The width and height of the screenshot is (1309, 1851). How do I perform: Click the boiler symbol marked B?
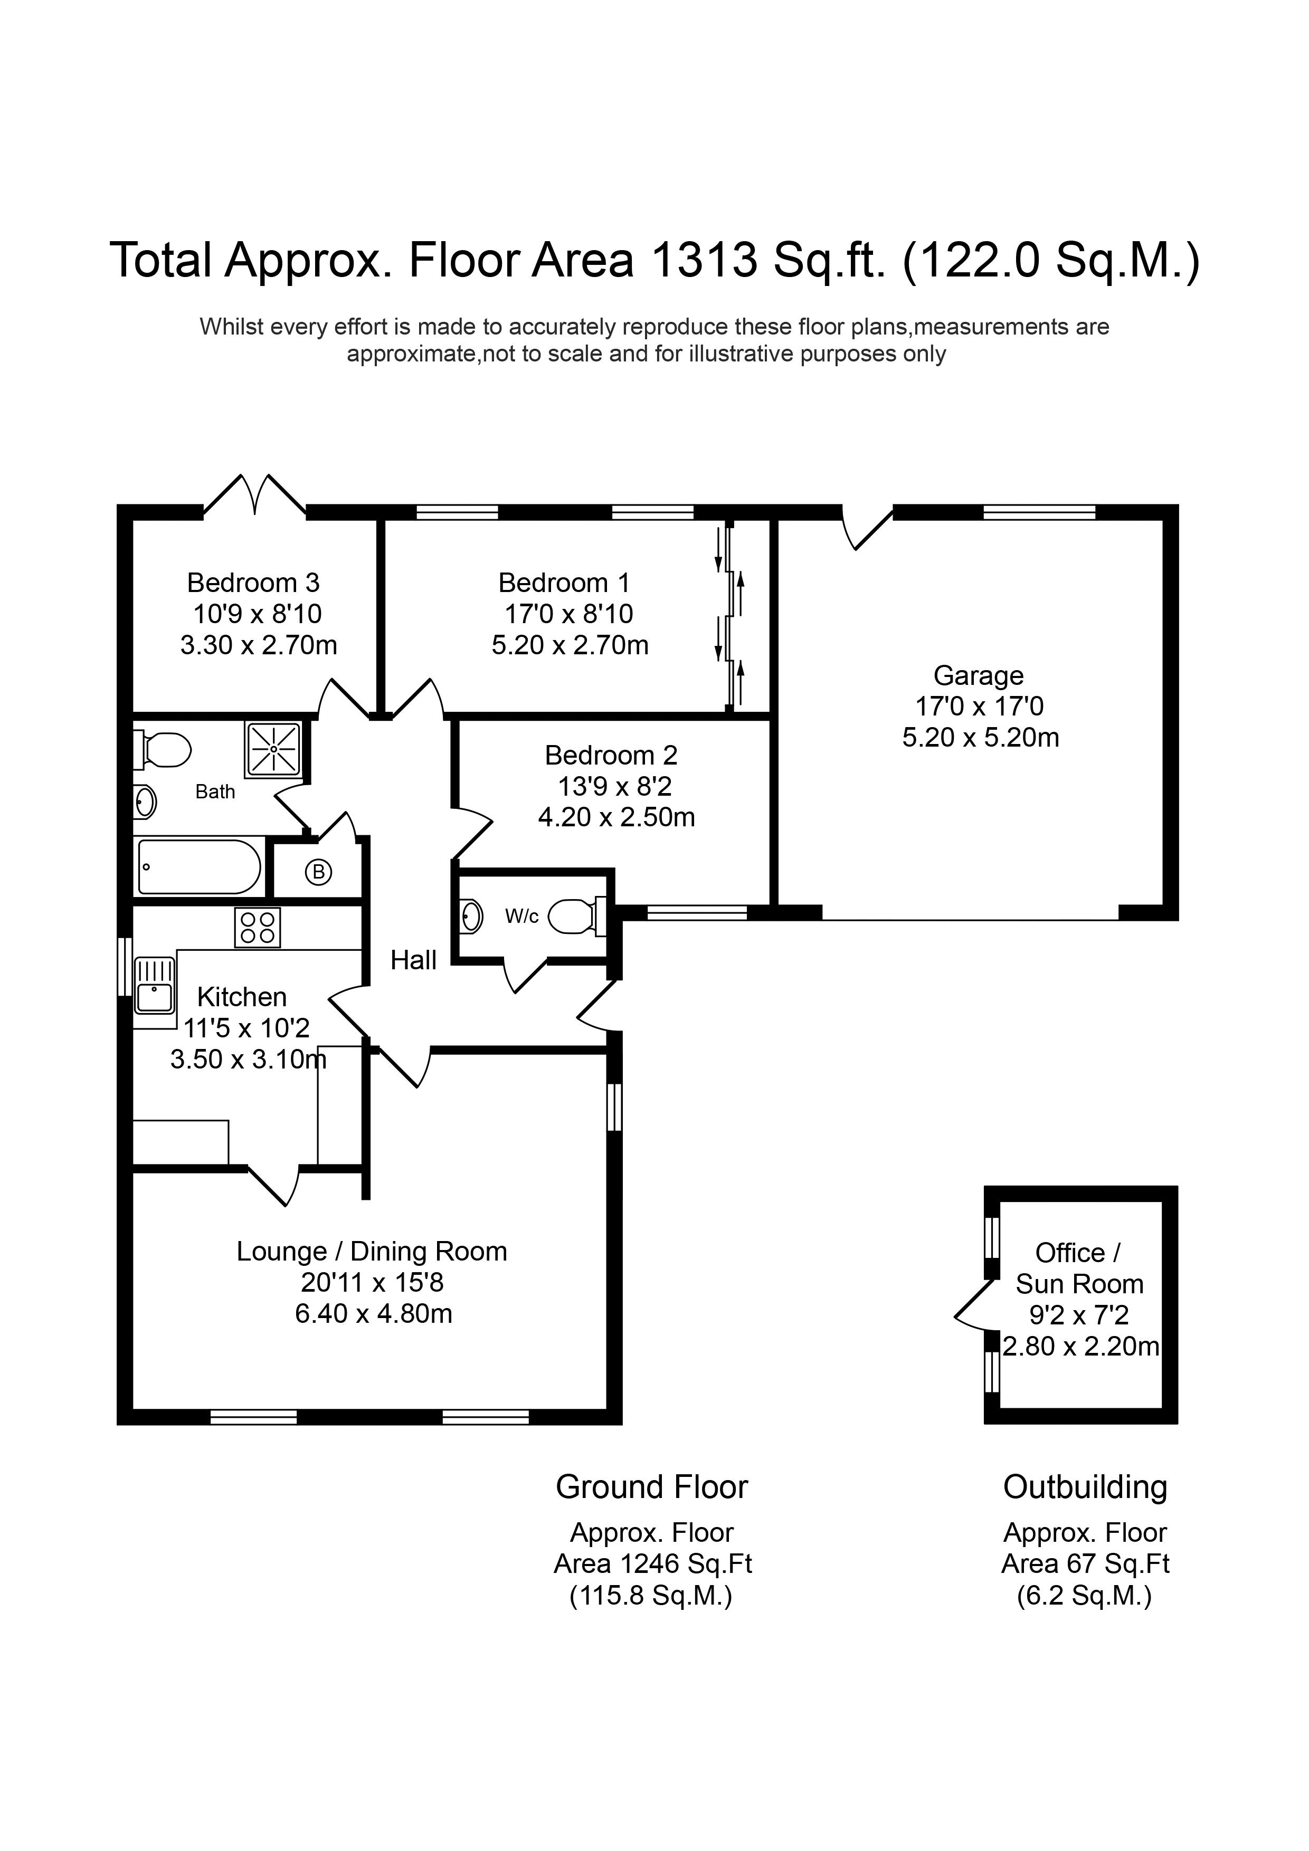pos(319,872)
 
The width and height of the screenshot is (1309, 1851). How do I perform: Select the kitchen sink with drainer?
pos(154,985)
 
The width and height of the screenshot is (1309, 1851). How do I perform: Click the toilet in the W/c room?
pos(575,916)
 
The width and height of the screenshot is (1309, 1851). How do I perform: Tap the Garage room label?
pos(979,675)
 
